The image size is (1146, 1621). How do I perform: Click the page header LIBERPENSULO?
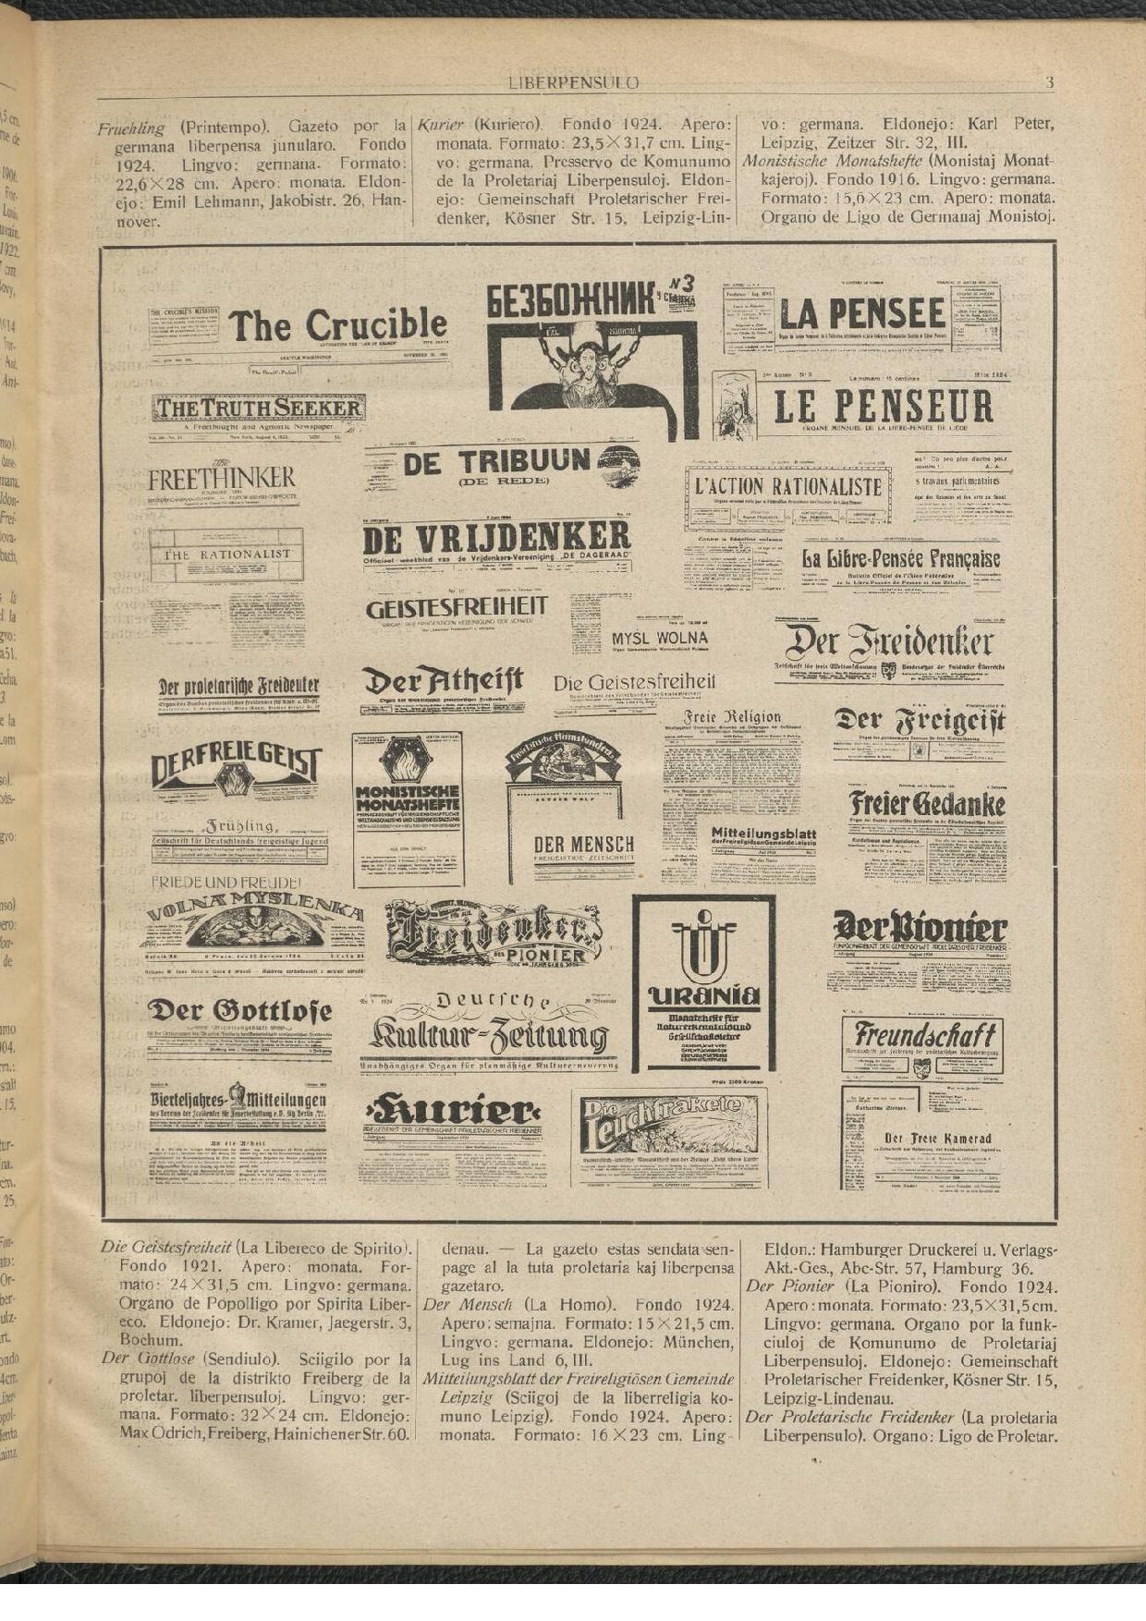573,82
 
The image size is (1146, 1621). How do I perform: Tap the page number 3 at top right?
1049,82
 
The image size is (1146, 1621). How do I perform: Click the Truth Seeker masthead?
259,408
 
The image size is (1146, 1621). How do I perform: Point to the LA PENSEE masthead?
861,315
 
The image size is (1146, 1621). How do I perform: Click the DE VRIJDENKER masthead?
496,538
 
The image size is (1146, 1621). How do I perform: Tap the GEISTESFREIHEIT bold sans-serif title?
457,608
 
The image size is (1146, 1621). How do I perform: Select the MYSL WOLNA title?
659,638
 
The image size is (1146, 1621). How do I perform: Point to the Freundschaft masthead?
923,1034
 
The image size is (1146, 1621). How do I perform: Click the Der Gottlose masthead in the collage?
239,1011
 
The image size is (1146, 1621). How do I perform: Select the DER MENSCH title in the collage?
583,845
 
